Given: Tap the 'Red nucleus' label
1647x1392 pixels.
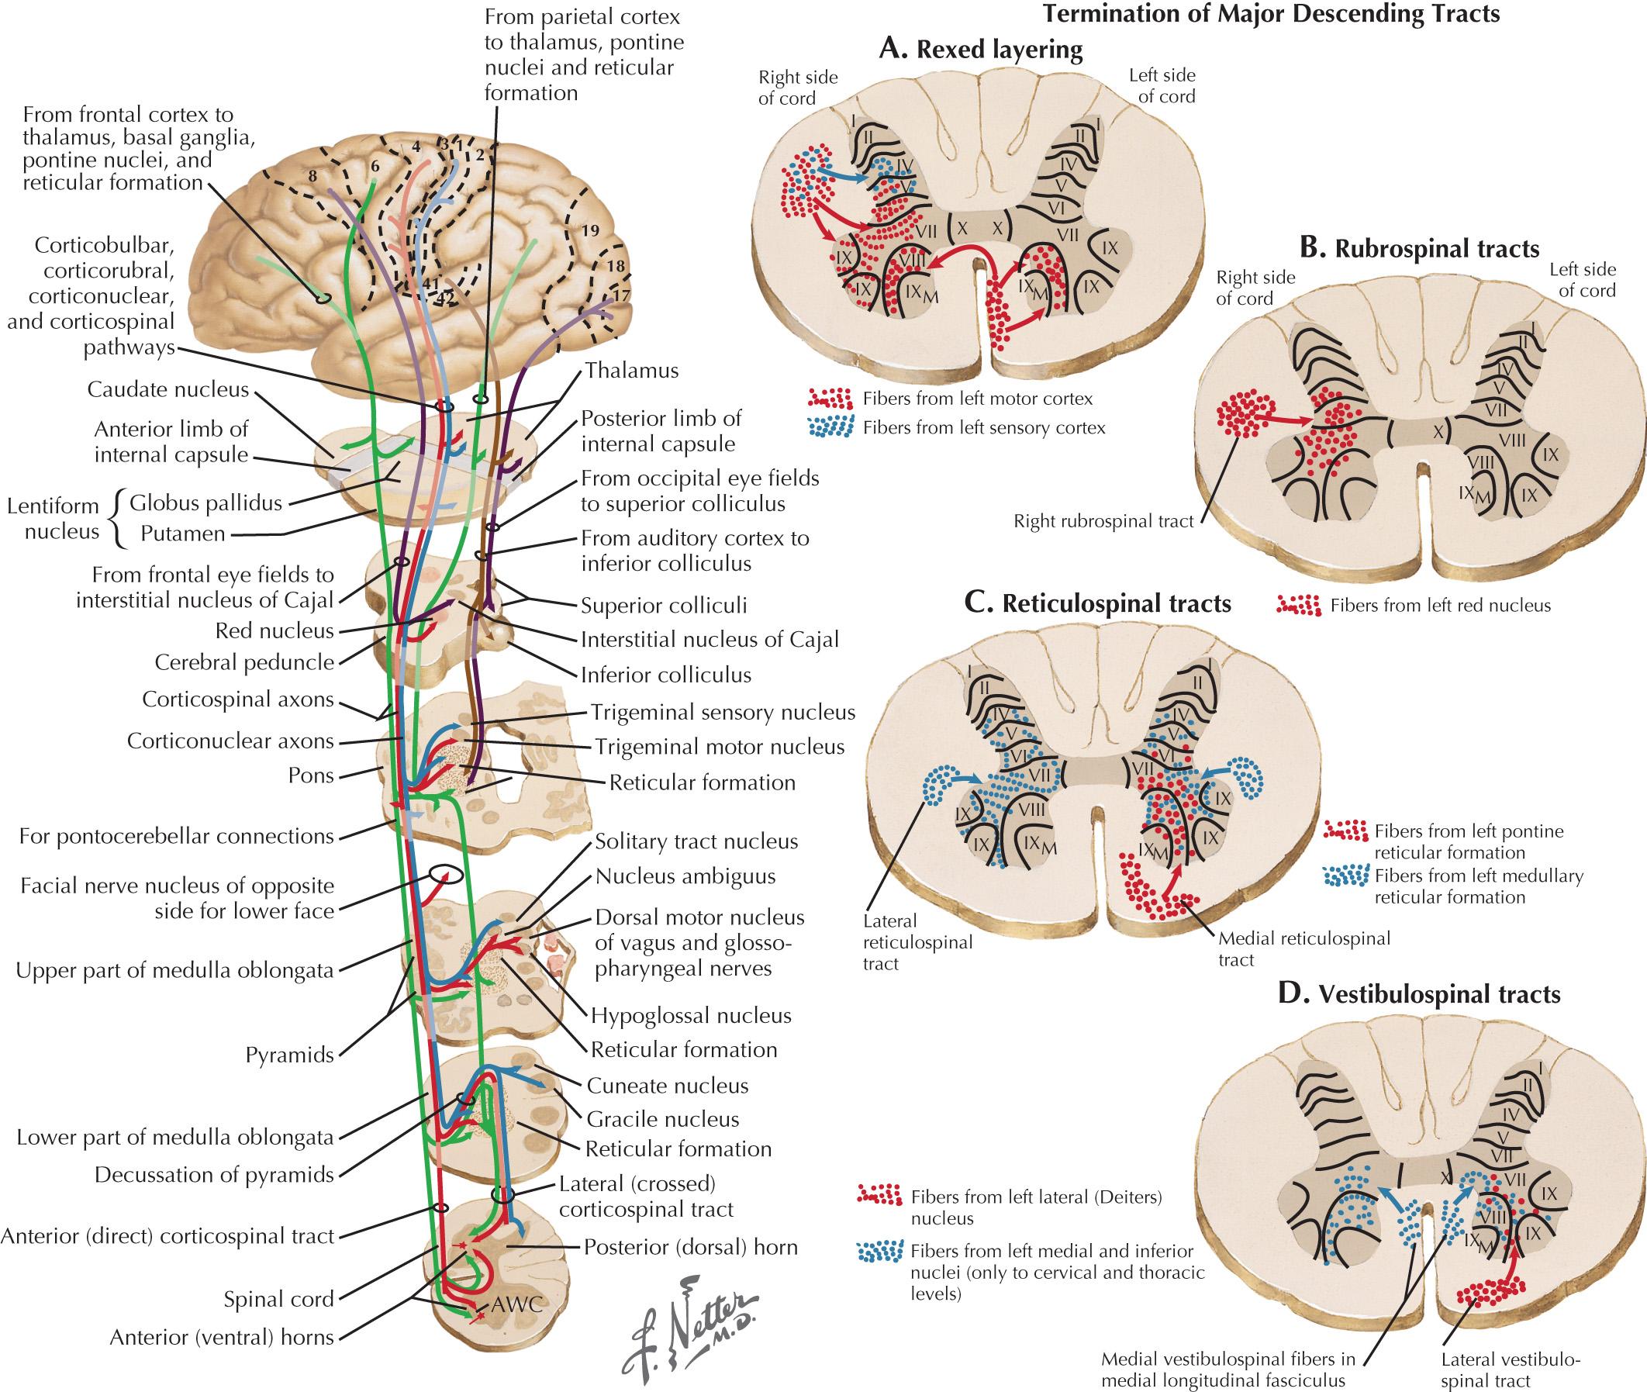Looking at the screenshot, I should pyautogui.click(x=274, y=630).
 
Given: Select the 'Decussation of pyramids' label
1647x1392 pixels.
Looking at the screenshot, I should pyautogui.click(x=214, y=1175).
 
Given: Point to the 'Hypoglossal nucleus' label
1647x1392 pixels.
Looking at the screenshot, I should pyautogui.click(x=692, y=1015).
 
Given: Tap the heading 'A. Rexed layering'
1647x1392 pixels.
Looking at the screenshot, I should pyautogui.click(x=980, y=50).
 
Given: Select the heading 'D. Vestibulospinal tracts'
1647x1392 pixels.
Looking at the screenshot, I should pyautogui.click(x=1418, y=994).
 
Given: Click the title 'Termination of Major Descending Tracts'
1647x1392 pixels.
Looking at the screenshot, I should pyautogui.click(x=1271, y=13).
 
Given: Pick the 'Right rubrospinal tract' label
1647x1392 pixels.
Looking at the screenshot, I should pyautogui.click(x=1103, y=521).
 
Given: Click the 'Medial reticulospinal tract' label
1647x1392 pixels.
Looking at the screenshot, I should pyautogui.click(x=1303, y=948).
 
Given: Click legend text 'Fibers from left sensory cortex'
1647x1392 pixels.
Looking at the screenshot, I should pyautogui.click(x=983, y=428).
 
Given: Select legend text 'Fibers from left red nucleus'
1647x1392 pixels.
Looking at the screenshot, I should pyautogui.click(x=1440, y=605).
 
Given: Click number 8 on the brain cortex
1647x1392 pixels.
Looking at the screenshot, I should pyautogui.click(x=313, y=177).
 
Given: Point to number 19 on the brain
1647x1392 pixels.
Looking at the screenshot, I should pyautogui.click(x=590, y=230).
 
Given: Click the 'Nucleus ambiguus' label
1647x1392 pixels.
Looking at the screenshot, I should pyautogui.click(x=685, y=876).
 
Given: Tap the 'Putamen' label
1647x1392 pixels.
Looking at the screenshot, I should pyautogui.click(x=182, y=534).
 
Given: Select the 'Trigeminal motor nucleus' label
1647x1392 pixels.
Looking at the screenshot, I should pyautogui.click(x=719, y=747).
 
